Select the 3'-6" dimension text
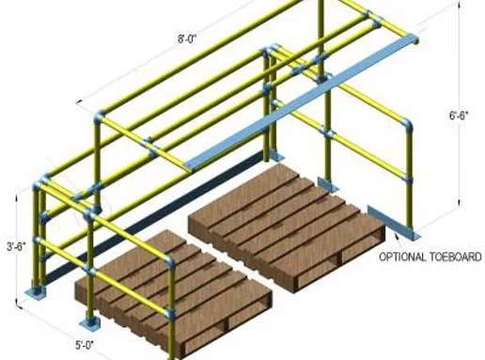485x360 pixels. coord(16,248)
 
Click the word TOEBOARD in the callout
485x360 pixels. coord(455,256)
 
